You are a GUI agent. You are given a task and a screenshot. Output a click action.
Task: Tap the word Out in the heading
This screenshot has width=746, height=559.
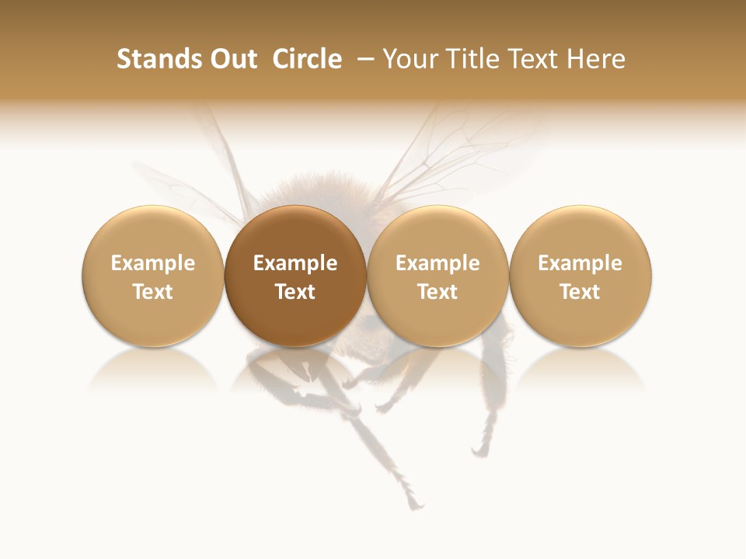(233, 59)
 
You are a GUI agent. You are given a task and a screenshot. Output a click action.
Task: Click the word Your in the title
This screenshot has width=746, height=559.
(410, 59)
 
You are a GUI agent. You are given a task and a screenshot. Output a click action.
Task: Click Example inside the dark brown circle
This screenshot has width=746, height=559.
(295, 264)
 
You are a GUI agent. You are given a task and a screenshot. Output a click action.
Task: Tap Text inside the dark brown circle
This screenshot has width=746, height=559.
(295, 292)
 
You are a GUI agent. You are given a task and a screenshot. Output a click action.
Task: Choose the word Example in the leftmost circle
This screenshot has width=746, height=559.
(153, 264)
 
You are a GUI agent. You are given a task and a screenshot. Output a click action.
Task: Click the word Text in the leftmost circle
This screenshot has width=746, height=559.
(153, 292)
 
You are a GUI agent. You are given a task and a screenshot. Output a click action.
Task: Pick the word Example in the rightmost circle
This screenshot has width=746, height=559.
(580, 264)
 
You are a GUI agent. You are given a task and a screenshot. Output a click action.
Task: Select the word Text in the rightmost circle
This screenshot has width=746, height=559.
(580, 292)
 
